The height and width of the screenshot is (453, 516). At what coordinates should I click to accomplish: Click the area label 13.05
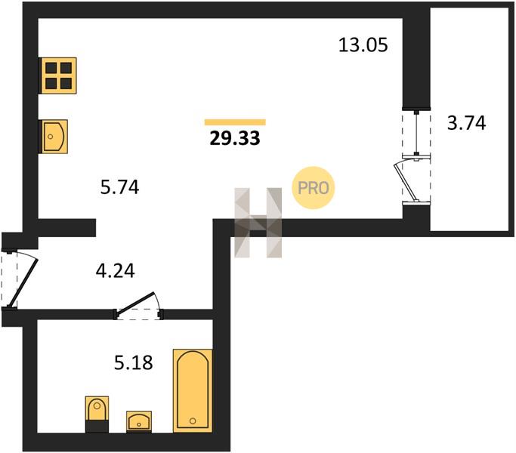(363, 45)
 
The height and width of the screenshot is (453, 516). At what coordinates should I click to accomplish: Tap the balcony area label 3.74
(466, 123)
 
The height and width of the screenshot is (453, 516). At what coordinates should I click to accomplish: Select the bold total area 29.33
(235, 138)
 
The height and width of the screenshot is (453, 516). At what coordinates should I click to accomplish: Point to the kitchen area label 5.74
(119, 187)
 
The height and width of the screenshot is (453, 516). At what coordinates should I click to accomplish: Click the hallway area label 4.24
(115, 271)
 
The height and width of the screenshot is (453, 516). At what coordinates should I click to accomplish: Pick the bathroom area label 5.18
(133, 363)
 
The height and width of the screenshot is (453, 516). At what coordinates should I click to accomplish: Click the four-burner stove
(58, 75)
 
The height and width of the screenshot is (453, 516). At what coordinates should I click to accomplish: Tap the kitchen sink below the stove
(54, 137)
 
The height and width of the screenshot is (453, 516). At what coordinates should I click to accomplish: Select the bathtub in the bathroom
(193, 391)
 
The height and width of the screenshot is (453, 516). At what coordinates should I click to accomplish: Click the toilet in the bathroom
(97, 414)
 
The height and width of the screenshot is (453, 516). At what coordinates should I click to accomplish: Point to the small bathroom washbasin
(139, 421)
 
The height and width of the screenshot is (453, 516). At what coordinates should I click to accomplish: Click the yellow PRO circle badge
(314, 188)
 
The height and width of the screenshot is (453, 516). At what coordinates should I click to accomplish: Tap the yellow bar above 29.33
(235, 122)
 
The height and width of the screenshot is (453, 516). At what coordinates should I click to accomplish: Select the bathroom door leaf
(136, 302)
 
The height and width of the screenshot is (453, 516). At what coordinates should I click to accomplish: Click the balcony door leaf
(406, 181)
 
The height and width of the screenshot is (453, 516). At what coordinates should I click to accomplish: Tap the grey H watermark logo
(258, 223)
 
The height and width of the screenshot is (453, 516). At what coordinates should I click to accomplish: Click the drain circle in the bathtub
(193, 421)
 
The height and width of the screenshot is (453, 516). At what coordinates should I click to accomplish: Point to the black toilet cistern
(97, 427)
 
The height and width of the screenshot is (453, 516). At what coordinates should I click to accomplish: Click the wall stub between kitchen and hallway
(66, 228)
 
